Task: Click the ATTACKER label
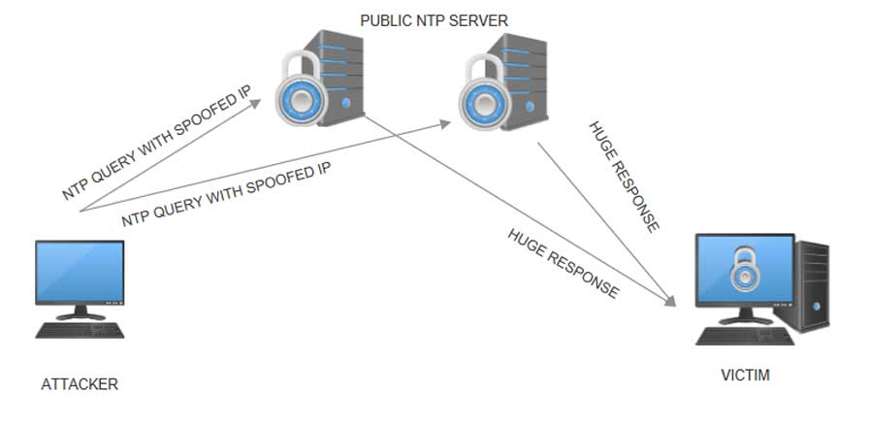80,384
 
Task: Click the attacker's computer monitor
80,273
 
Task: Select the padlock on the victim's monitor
744,269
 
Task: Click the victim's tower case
813,286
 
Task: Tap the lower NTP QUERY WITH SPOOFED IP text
226,195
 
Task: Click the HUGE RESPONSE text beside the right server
625,177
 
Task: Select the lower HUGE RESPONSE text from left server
563,263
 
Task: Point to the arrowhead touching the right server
447,123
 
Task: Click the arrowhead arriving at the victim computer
671,303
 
